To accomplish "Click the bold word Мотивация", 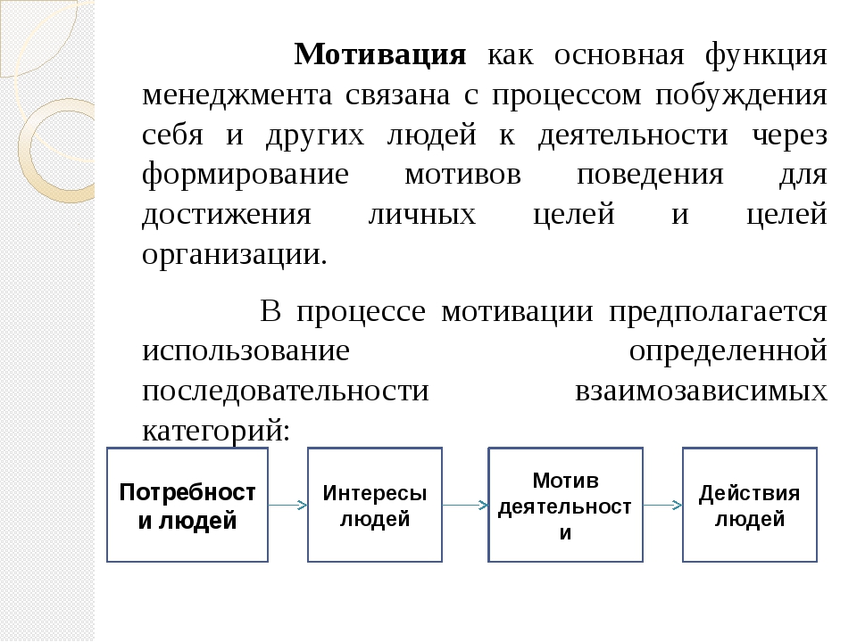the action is (x=380, y=54).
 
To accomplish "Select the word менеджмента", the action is (x=237, y=96).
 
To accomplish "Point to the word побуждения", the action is (x=741, y=96).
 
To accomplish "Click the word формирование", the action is (x=245, y=176).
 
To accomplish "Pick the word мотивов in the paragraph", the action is (x=462, y=176).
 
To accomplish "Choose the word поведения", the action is (x=650, y=176).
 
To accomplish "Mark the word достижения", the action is (x=226, y=216).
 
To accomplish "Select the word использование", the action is (x=245, y=350).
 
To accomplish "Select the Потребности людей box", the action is (x=187, y=505).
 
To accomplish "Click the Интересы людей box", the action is (x=375, y=505).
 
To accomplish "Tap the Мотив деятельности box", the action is (x=565, y=505).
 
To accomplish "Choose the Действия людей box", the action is (x=750, y=505).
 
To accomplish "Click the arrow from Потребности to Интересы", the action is (x=288, y=506).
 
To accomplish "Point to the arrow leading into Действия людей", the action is (x=663, y=506).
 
